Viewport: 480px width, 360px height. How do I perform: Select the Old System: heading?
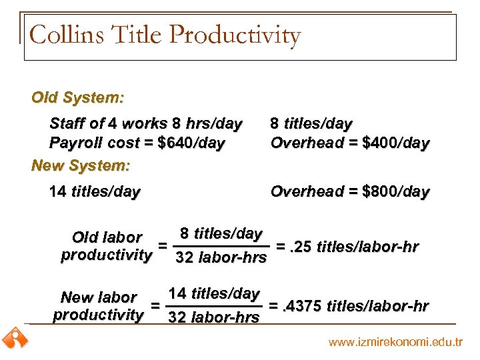77,98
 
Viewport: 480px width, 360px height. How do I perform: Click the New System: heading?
81,165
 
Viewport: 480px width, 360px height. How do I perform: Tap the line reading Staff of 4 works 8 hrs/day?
145,124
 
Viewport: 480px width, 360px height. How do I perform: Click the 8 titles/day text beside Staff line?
311,124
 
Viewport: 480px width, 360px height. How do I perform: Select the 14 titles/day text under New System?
95,192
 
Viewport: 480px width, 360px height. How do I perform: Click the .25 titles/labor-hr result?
347,247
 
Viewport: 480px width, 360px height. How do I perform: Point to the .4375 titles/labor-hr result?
348,306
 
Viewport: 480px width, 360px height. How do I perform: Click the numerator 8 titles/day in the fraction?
221,234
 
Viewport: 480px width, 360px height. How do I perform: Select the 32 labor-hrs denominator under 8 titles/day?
221,258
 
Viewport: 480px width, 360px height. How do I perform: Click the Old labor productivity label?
107,246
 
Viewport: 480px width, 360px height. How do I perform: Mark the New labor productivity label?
99,306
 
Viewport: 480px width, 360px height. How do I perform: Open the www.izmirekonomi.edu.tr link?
395,342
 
